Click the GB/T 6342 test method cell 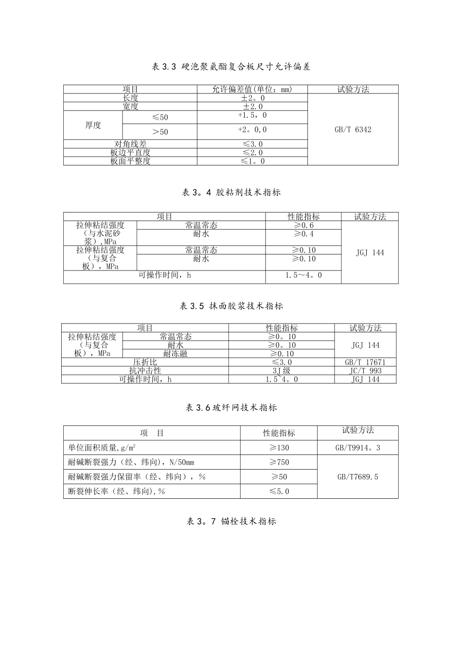click(353, 129)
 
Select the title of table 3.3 click(231, 67)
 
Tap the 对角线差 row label click(130, 144)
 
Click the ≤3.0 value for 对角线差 click(252, 144)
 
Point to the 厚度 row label click(93, 125)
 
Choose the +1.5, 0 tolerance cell click(252, 116)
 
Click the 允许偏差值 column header click(252, 89)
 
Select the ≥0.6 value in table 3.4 click(303, 225)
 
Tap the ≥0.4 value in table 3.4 click(303, 234)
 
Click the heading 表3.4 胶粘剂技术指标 click(231, 192)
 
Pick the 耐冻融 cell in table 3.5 click(175, 354)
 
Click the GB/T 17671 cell click(365, 363)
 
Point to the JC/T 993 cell click(365, 371)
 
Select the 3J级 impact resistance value click(282, 371)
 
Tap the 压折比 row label click(145, 363)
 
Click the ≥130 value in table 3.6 click(279, 448)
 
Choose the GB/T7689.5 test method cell click(357, 477)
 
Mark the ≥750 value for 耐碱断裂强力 click(279, 462)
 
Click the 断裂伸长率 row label click(117, 491)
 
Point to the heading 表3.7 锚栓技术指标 click(231, 521)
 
